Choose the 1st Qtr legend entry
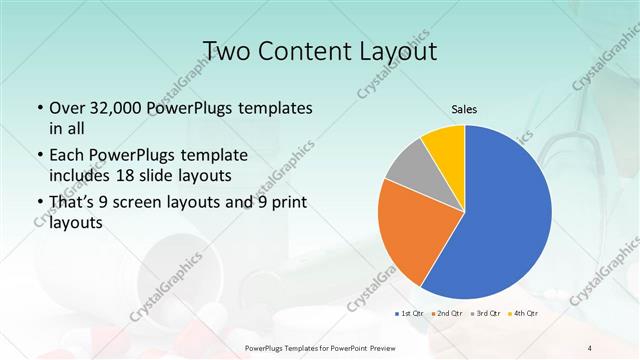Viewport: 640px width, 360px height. [410, 313]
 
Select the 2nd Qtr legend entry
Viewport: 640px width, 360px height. [448, 313]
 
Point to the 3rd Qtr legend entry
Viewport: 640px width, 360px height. [486, 313]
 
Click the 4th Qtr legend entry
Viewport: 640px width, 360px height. [523, 313]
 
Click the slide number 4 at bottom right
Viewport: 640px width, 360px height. [590, 347]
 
